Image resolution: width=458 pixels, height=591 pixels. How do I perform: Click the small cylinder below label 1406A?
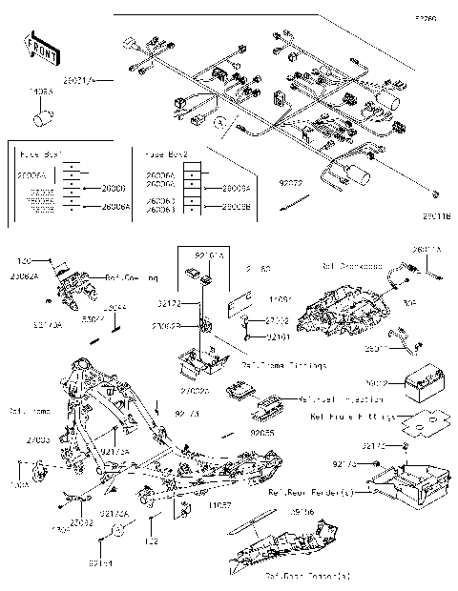[x=42, y=117]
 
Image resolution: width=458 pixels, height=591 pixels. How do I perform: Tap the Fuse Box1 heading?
[x=39, y=153]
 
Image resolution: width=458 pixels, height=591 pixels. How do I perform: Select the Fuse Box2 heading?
[x=167, y=153]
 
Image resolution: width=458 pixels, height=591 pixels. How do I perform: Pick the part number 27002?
[x=278, y=321]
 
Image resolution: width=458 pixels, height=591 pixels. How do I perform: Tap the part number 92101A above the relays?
[x=210, y=255]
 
